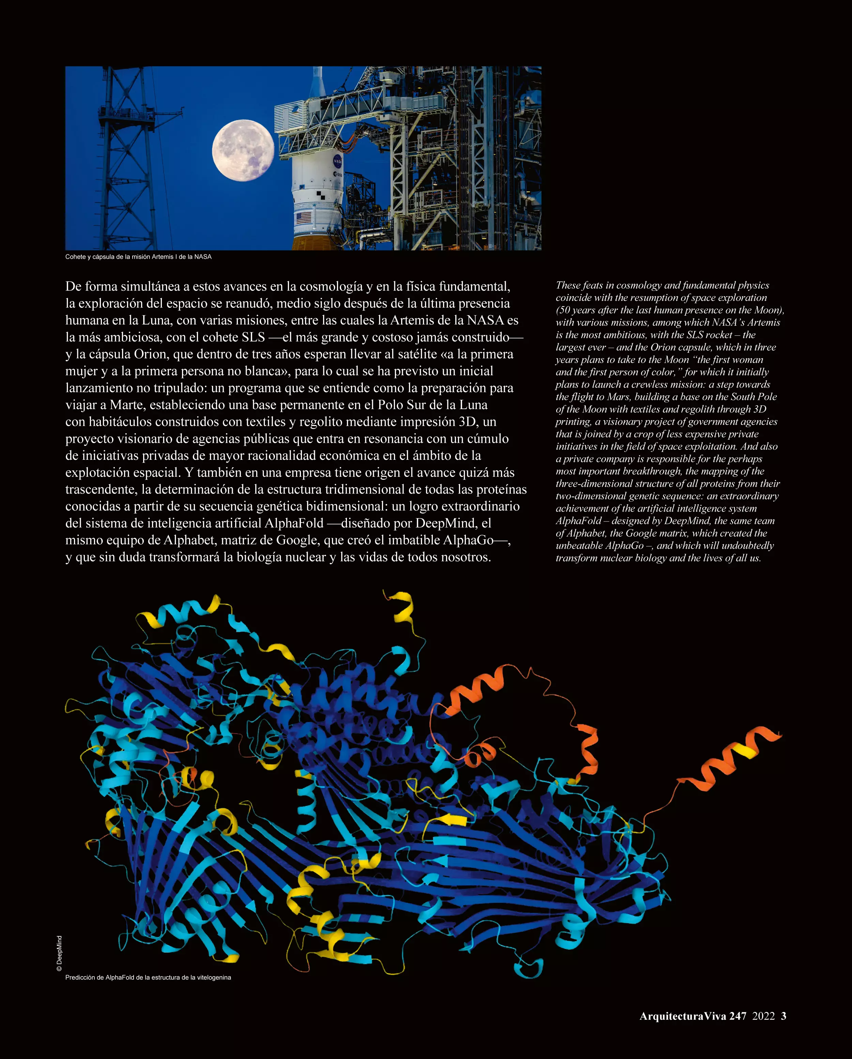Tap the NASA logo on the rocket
click(338, 161)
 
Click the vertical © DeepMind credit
click(59, 953)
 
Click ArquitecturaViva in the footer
click(683, 1016)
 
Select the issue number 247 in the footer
click(737, 1016)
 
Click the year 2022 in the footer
click(764, 1016)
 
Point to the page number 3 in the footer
click(784, 1016)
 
